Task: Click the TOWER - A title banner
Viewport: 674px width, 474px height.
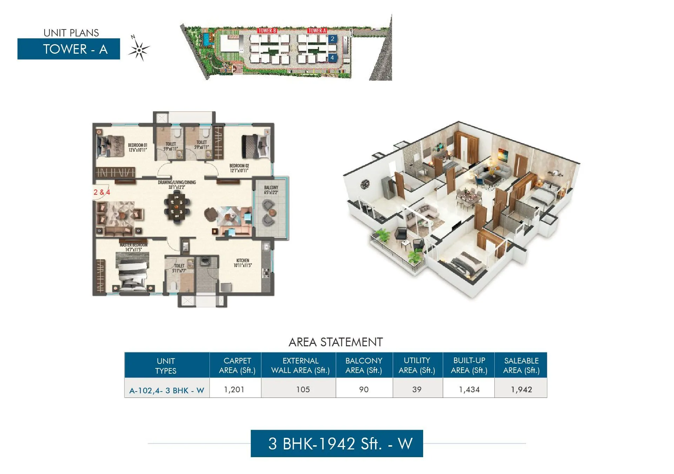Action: pyautogui.click(x=69, y=49)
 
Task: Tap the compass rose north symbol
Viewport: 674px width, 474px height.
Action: pyautogui.click(x=139, y=49)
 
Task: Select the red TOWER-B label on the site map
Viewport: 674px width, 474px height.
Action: pyautogui.click(x=267, y=31)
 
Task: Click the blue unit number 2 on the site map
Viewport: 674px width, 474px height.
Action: pyautogui.click(x=332, y=39)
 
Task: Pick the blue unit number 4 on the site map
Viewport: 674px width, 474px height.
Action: pyautogui.click(x=332, y=58)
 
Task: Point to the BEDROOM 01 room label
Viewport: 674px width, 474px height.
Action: pyautogui.click(x=138, y=147)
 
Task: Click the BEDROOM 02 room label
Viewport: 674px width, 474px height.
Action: pyautogui.click(x=239, y=168)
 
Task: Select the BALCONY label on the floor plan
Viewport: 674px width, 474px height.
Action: pyautogui.click(x=271, y=190)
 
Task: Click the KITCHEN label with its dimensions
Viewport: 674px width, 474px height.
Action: pyautogui.click(x=242, y=263)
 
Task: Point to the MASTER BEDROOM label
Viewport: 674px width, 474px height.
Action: pyautogui.click(x=133, y=247)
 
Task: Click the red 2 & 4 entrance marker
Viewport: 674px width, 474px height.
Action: pyautogui.click(x=102, y=192)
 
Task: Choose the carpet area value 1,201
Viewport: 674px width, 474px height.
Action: pyautogui.click(x=234, y=389)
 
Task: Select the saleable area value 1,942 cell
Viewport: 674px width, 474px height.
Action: pyautogui.click(x=521, y=389)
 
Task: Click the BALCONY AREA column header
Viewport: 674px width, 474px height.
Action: pyautogui.click(x=364, y=365)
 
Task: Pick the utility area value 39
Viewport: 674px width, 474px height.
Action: pyautogui.click(x=417, y=389)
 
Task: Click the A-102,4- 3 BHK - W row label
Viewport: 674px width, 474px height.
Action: pyautogui.click(x=167, y=390)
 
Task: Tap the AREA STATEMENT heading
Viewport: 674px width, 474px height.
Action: pyautogui.click(x=335, y=342)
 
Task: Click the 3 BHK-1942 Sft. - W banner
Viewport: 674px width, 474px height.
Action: pyautogui.click(x=337, y=443)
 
